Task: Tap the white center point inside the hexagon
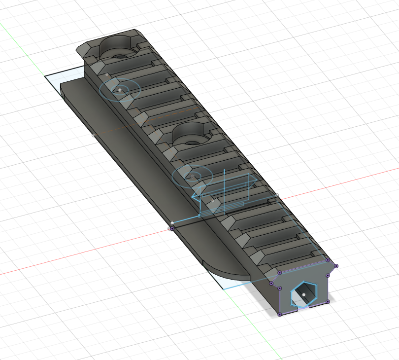pos(304,294)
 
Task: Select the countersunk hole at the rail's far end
pos(119,50)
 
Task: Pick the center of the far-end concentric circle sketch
pos(120,90)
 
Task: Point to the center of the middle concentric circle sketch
pos(192,177)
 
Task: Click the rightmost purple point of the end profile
pos(336,266)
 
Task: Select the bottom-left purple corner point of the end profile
pos(279,314)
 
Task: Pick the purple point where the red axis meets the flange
pos(172,228)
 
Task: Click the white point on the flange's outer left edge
pos(94,135)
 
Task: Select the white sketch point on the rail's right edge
pos(277,195)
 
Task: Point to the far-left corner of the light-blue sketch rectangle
pos(45,76)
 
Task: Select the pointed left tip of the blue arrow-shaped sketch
pos(192,196)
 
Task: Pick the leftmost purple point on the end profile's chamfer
pos(271,283)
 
